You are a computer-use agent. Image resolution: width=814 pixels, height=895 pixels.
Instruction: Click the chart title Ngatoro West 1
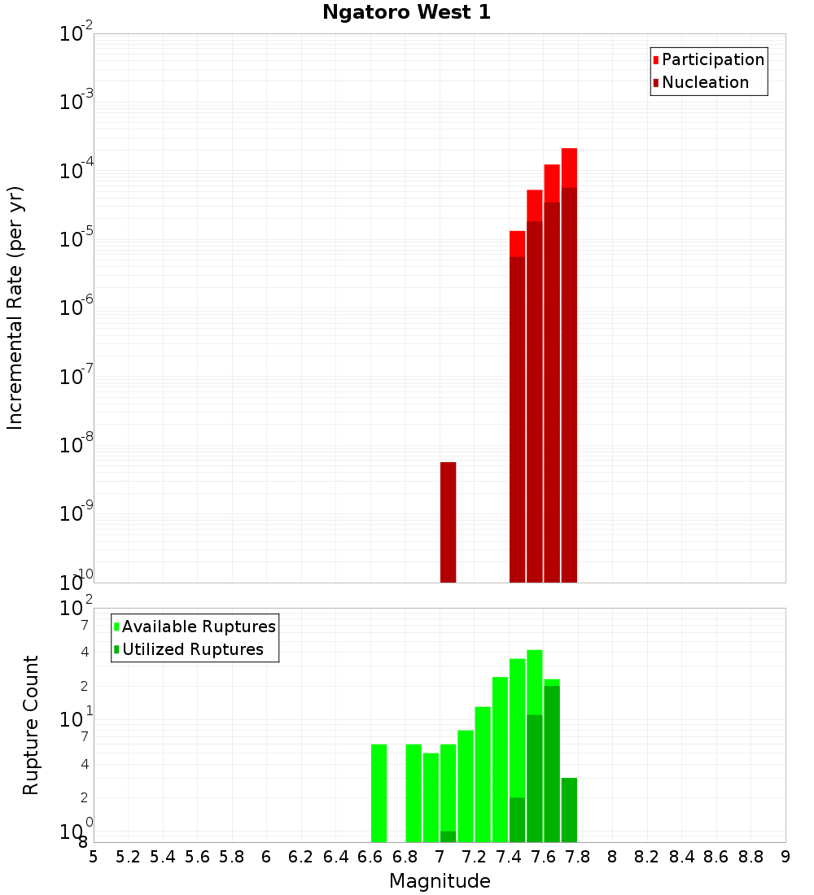(406, 12)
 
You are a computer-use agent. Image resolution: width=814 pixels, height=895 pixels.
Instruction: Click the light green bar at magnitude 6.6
(379, 793)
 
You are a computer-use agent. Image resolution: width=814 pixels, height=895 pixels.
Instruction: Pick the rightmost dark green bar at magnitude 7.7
(569, 810)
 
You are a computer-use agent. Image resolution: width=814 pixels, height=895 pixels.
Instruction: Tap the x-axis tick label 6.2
(301, 857)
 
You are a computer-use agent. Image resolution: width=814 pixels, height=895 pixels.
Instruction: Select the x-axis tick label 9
(786, 857)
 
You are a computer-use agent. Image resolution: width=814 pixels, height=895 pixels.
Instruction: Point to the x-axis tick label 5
(94, 857)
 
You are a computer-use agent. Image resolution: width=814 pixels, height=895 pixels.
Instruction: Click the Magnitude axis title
(440, 881)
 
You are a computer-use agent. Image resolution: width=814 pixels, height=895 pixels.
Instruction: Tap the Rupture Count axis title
(31, 725)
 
